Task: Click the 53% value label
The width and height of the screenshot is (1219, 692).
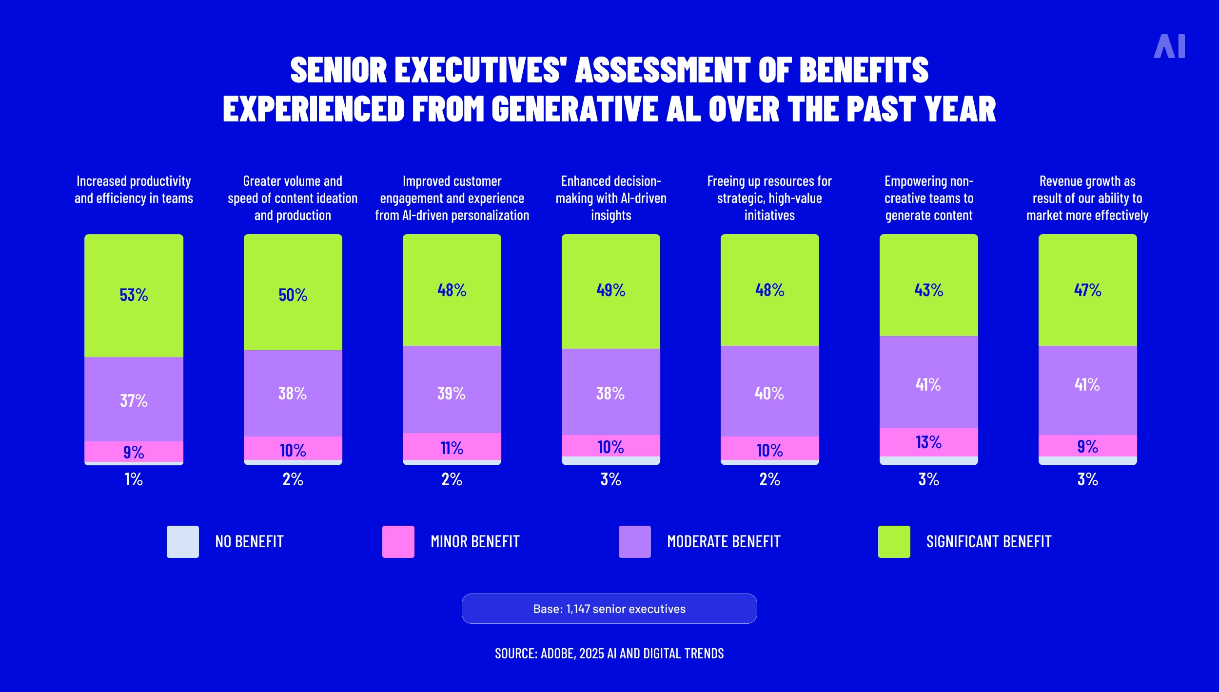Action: [134, 295]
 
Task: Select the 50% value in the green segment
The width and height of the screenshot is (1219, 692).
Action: [293, 295]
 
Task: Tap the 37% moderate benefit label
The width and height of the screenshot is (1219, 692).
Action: [134, 401]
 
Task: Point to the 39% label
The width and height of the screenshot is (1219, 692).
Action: [452, 394]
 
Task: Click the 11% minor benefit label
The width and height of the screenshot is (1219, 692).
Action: [452, 448]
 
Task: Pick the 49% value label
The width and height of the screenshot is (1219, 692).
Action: [610, 290]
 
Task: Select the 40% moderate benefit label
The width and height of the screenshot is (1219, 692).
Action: [769, 394]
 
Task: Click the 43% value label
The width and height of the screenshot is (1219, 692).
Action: [928, 290]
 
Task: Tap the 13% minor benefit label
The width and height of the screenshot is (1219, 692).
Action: [928, 442]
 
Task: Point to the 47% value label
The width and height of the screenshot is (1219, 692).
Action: [1087, 290]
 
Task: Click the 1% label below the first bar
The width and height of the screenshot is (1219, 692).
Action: [134, 479]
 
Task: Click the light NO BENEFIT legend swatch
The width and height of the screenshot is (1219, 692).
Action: [183, 541]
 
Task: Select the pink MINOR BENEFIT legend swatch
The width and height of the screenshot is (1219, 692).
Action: [398, 541]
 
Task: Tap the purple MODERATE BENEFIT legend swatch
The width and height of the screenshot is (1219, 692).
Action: [634, 541]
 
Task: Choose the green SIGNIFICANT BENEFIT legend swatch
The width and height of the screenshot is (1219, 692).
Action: [894, 541]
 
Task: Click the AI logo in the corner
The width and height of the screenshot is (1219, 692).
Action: [1169, 46]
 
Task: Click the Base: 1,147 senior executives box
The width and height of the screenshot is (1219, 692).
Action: [609, 609]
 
